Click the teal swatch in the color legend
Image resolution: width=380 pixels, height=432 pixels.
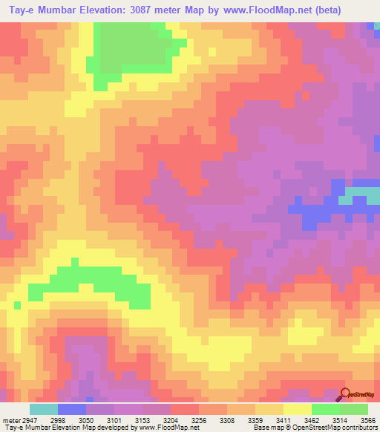click(43, 409)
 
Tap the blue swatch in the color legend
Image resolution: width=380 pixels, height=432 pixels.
click(72, 409)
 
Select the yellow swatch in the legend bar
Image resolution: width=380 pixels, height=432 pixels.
click(298, 409)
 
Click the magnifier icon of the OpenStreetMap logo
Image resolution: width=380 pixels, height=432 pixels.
click(344, 394)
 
